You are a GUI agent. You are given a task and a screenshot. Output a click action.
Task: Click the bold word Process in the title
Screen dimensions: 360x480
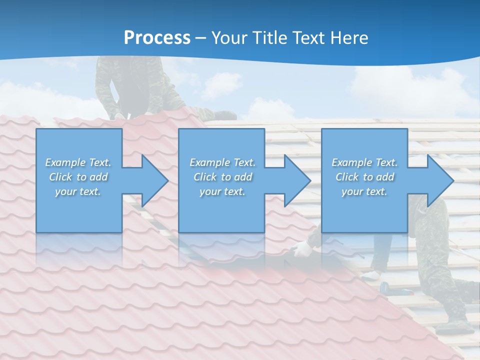pos(157,38)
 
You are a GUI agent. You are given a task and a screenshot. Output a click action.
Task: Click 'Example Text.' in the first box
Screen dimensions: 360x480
pos(78,162)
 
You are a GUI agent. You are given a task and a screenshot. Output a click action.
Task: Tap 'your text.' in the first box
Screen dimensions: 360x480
pos(78,191)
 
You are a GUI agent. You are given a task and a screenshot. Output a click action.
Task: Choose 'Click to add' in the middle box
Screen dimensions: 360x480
pos(222,177)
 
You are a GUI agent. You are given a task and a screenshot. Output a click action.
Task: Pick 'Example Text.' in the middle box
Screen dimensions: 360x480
pos(222,162)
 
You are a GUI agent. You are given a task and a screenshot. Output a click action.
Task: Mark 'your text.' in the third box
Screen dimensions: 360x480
pos(364,191)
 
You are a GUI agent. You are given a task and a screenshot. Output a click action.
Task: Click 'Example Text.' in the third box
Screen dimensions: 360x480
pos(364,162)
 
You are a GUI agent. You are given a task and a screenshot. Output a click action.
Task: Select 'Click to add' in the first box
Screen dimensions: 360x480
pos(78,177)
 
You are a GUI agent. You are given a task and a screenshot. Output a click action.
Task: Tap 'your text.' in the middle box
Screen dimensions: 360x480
pos(222,191)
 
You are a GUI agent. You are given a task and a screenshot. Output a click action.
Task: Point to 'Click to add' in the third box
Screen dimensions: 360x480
pos(364,177)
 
